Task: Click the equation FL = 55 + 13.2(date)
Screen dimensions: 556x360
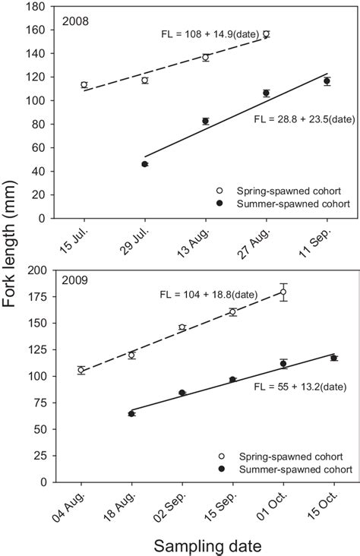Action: [x=300, y=387]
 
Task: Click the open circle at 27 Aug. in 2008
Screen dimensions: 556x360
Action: [x=266, y=34]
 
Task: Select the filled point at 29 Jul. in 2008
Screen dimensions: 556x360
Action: [x=144, y=164]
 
